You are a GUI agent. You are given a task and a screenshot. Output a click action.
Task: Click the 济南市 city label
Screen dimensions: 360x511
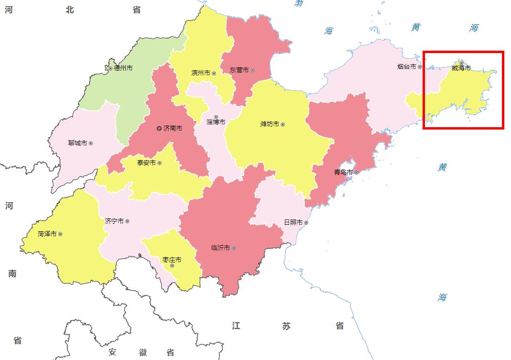pyautogui.click(x=173, y=128)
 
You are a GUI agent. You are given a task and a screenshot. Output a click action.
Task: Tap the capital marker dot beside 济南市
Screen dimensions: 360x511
pyautogui.click(x=159, y=128)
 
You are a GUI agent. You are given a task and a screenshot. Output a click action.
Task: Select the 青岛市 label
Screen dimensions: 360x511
pyautogui.click(x=343, y=172)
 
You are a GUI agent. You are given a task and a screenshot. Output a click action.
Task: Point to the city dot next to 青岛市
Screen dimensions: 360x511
pyautogui.click(x=356, y=172)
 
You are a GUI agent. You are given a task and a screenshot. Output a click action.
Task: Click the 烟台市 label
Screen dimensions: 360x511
pyautogui.click(x=407, y=67)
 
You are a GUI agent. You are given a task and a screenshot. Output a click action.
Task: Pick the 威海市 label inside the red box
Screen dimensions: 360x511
pyautogui.click(x=461, y=68)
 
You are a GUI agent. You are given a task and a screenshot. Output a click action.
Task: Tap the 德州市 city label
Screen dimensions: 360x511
pyautogui.click(x=123, y=68)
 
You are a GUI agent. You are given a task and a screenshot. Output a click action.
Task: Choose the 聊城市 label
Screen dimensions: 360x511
pyautogui.click(x=77, y=143)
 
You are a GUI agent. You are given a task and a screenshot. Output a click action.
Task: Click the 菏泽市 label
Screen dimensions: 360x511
pyautogui.click(x=47, y=234)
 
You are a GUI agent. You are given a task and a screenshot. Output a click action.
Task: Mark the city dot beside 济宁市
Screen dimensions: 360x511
pyautogui.click(x=127, y=221)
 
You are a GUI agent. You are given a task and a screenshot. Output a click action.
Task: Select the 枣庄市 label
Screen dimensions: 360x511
pyautogui.click(x=172, y=260)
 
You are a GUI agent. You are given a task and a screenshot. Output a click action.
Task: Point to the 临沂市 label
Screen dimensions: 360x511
pyautogui.click(x=220, y=248)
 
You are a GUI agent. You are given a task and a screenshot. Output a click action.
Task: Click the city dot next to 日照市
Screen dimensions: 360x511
pyautogui.click(x=306, y=222)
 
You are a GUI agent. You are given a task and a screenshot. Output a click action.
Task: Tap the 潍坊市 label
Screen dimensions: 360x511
pyautogui.click(x=270, y=124)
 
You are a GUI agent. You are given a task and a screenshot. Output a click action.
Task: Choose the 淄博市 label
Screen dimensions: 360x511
pyautogui.click(x=216, y=122)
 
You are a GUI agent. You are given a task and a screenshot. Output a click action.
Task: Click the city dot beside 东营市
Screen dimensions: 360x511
pyautogui.click(x=252, y=70)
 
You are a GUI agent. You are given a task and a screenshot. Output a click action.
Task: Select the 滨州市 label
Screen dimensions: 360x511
pyautogui.click(x=201, y=73)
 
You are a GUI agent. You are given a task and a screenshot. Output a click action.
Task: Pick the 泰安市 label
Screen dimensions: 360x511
pyautogui.click(x=146, y=163)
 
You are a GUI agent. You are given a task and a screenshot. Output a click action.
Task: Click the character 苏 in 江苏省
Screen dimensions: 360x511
pyautogui.click(x=286, y=326)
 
